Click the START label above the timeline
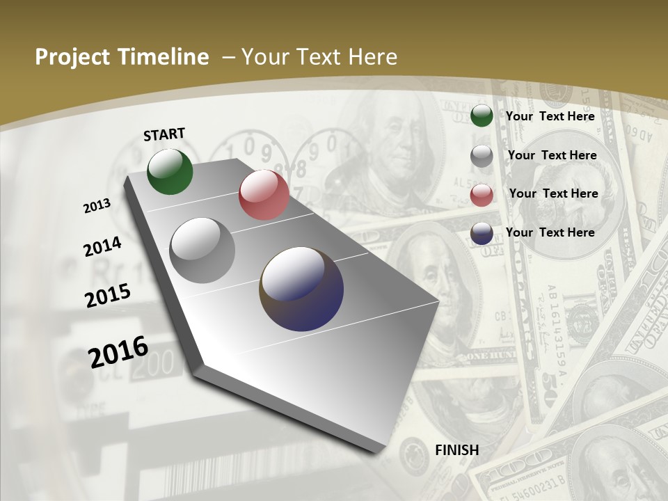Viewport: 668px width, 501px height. pyautogui.click(x=164, y=134)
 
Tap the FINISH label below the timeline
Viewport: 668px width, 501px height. pyautogui.click(x=456, y=450)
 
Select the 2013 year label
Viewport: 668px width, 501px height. pyautogui.click(x=97, y=205)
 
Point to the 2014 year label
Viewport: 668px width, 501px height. pyautogui.click(x=102, y=246)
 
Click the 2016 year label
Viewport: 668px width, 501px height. pyautogui.click(x=118, y=351)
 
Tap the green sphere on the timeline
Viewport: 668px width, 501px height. pyautogui.click(x=170, y=171)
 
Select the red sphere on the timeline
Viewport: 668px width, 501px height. pyautogui.click(x=264, y=195)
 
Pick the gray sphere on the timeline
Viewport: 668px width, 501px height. pyautogui.click(x=202, y=250)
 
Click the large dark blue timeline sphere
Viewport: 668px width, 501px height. pyautogui.click(x=301, y=289)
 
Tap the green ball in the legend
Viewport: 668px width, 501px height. pyautogui.click(x=482, y=116)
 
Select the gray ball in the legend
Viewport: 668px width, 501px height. pyautogui.click(x=482, y=157)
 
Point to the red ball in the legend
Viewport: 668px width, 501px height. pyautogui.click(x=482, y=196)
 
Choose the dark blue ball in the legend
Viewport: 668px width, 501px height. pyautogui.click(x=482, y=234)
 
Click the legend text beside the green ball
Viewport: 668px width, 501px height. pyautogui.click(x=550, y=116)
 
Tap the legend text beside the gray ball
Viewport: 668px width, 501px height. pyautogui.click(x=552, y=155)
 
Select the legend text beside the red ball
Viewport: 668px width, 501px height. pyautogui.click(x=553, y=193)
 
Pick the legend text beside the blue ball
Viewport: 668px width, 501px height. pyautogui.click(x=550, y=232)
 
